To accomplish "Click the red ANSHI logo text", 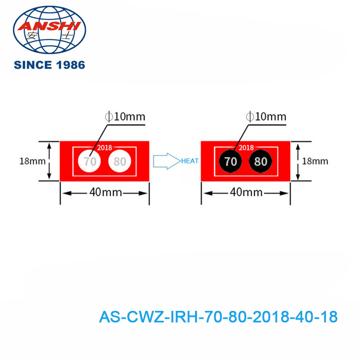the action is [x=49, y=26].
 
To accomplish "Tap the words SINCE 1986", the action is [x=50, y=65].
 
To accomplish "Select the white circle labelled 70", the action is [x=89, y=161].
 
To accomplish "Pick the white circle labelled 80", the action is [x=120, y=161].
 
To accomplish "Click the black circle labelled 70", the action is [x=230, y=161].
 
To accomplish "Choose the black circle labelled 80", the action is [x=260, y=161].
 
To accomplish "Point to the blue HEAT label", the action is [x=190, y=161].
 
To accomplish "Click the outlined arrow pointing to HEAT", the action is [x=167, y=161].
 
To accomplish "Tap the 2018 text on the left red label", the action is [x=104, y=147].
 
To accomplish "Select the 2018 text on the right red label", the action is [x=246, y=147].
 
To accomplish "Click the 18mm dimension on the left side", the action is [x=32, y=161].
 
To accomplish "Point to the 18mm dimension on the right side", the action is [x=315, y=161].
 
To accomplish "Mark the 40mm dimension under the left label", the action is [x=106, y=192].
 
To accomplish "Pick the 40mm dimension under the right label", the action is [x=246, y=192].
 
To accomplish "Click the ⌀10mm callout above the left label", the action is [x=125, y=117].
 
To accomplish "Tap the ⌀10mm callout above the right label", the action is [x=266, y=117].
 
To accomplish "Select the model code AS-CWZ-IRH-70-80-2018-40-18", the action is [x=218, y=317].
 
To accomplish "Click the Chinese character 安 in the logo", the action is [x=32, y=35].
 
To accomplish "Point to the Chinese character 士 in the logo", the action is [x=67, y=35].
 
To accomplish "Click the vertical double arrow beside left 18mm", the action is [x=49, y=161].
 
